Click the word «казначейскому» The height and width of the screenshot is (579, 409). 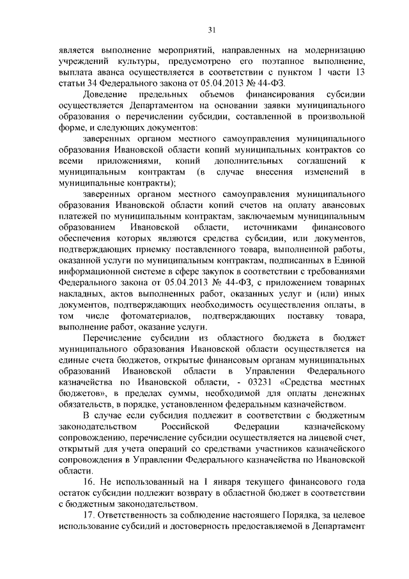330,427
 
